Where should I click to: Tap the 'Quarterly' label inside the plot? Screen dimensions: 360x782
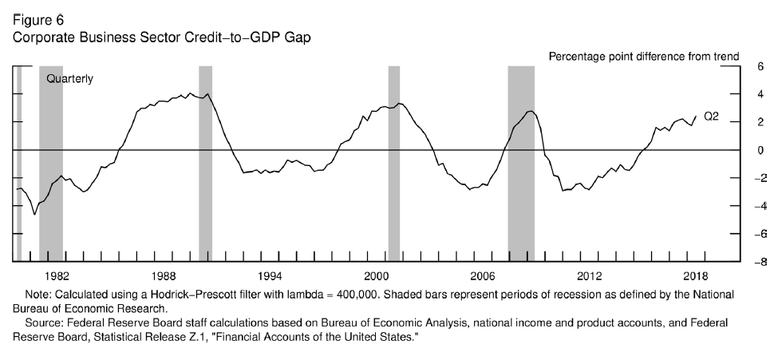click(70, 79)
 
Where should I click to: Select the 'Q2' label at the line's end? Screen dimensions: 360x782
click(711, 117)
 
